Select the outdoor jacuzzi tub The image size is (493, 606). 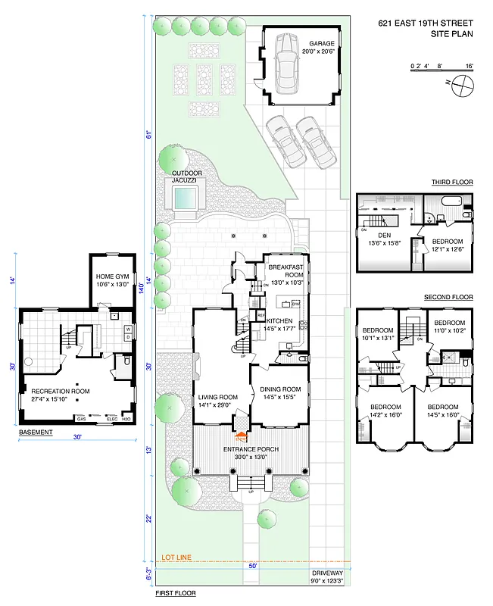tap(185, 198)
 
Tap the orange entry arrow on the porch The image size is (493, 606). tap(242, 436)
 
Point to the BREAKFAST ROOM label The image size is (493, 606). tap(286, 271)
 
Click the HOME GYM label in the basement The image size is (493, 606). tap(112, 277)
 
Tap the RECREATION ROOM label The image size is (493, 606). tap(60, 391)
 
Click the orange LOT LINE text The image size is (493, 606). tap(176, 557)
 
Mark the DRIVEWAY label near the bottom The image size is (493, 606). tap(327, 573)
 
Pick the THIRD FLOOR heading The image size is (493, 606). tap(452, 183)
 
